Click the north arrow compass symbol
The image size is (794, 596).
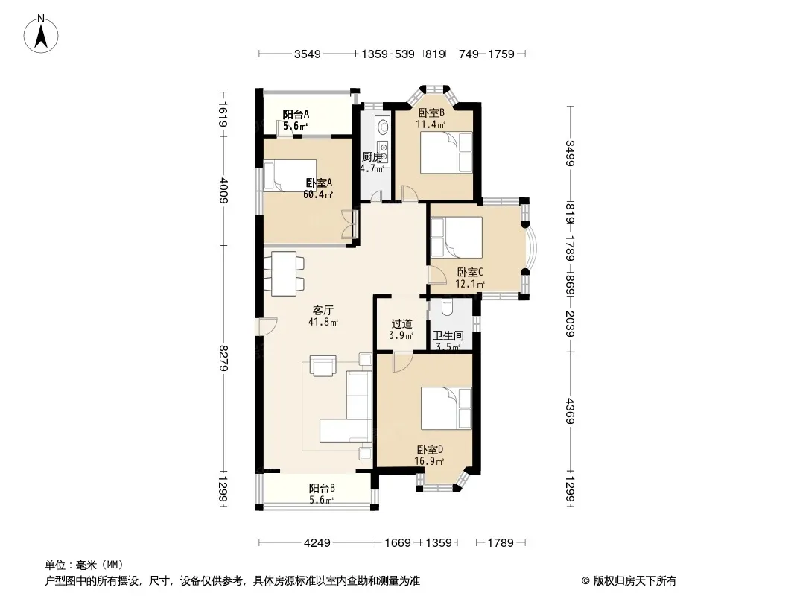[x=41, y=34]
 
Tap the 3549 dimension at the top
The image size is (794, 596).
[x=308, y=54]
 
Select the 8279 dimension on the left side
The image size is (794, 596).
[x=223, y=358]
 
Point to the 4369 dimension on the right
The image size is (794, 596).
[x=571, y=411]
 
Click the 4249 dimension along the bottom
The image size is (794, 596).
[x=317, y=543]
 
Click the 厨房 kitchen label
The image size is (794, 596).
[x=372, y=157]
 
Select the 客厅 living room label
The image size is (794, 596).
[x=323, y=310]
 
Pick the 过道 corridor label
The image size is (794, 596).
[x=402, y=323]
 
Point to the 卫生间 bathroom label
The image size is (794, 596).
[x=448, y=335]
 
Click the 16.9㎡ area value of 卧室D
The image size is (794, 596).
[x=429, y=461]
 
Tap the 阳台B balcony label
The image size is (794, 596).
[x=322, y=489]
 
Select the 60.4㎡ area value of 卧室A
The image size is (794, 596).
[x=318, y=194]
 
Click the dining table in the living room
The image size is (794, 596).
[x=284, y=273]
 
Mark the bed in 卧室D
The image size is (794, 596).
[x=447, y=408]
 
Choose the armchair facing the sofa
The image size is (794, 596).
[x=323, y=366]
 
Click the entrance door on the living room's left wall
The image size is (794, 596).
[x=267, y=326]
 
